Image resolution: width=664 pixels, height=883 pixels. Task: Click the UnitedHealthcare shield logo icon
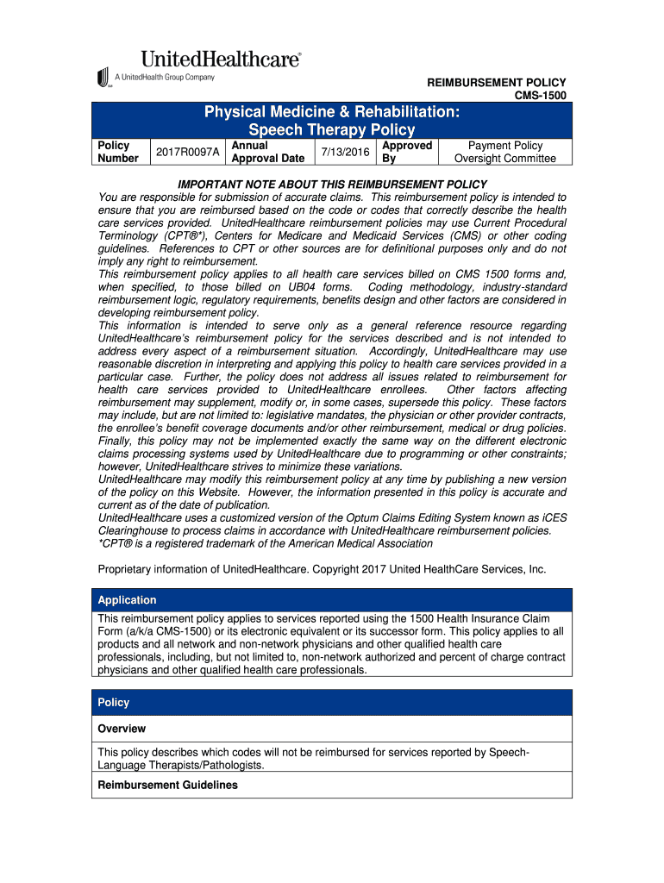104,77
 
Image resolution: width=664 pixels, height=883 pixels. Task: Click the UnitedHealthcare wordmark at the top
221,59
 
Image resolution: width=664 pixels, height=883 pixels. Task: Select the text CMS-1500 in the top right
540,95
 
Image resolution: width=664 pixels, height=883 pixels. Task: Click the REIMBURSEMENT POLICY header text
497,82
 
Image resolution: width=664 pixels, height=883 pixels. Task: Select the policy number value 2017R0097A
187,153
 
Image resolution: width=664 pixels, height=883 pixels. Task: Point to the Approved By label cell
406,153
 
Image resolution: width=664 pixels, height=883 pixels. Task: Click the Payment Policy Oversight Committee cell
505,153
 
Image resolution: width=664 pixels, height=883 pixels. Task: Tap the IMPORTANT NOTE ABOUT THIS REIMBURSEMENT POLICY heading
332,185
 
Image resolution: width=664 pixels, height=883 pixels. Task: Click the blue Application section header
332,600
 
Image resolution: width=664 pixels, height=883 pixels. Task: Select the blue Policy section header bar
332,703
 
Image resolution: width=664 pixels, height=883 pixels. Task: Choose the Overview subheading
122,729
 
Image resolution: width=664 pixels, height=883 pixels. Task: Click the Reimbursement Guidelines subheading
167,786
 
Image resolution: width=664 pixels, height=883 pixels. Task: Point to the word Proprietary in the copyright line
128,570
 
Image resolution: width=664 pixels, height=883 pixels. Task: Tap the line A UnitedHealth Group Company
165,77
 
